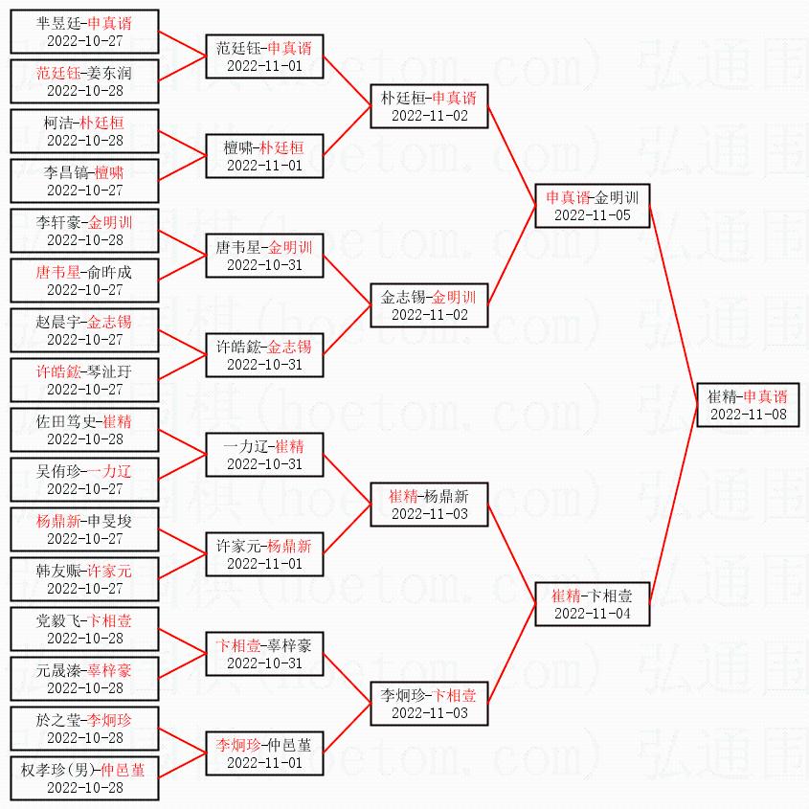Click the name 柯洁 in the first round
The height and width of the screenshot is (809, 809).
(x=56, y=123)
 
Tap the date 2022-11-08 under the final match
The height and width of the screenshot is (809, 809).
(x=748, y=415)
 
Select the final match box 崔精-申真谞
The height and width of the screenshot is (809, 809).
(x=748, y=405)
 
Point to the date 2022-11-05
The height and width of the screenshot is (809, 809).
(x=593, y=215)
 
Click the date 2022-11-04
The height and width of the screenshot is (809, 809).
(x=593, y=613)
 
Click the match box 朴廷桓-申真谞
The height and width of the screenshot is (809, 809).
(x=429, y=106)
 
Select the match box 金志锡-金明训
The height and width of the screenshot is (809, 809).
(x=429, y=305)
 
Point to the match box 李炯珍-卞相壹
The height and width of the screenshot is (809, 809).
(x=429, y=704)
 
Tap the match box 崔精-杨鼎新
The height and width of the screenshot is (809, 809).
(x=429, y=505)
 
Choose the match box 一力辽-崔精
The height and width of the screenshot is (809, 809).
(x=264, y=455)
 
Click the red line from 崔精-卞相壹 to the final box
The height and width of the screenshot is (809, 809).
(x=675, y=507)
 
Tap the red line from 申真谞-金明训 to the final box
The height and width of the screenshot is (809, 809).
(x=675, y=306)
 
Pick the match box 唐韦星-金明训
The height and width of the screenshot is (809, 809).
(x=264, y=256)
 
